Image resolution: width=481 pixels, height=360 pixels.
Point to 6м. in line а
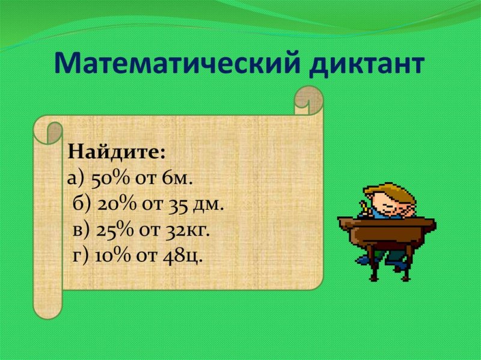point(180,178)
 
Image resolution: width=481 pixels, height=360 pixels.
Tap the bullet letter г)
point(81,255)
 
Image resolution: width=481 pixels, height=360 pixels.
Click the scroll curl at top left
point(48,130)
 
